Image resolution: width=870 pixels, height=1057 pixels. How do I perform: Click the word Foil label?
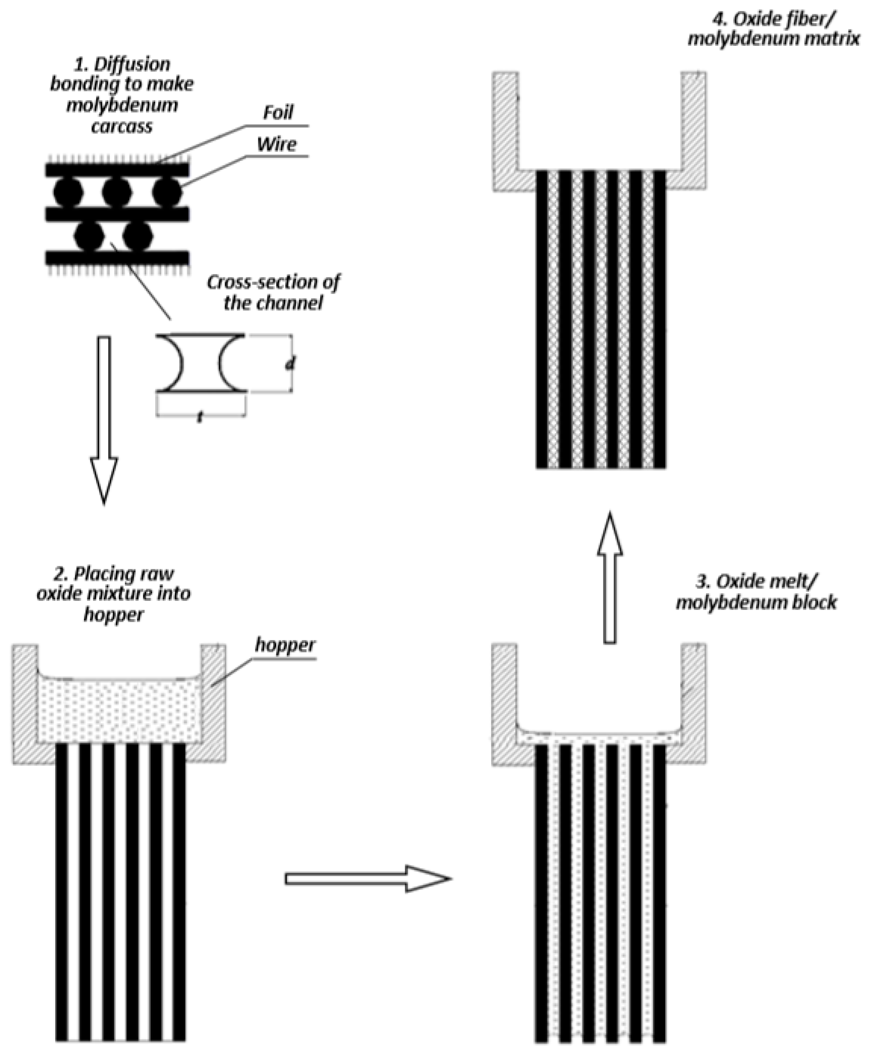coord(278,112)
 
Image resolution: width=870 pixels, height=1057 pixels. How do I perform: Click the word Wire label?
coord(277,144)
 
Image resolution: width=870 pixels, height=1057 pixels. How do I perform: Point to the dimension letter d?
coord(290,364)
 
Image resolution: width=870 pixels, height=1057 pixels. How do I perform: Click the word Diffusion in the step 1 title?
coord(132,64)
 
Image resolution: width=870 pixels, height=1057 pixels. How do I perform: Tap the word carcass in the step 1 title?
coord(122,126)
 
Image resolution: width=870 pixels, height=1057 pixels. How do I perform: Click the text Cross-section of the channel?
coord(273,292)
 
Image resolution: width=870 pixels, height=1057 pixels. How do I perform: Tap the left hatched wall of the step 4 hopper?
coord(505,130)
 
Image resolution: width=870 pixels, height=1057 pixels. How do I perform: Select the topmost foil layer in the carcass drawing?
coord(117,170)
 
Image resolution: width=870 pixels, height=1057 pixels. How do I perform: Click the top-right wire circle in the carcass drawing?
coord(167,192)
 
